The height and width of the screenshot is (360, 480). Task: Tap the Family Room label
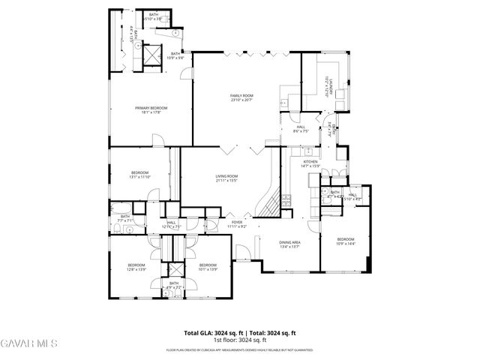pos(241,98)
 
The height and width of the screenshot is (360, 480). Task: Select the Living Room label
pos(226,178)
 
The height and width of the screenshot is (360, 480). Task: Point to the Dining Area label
pos(290,244)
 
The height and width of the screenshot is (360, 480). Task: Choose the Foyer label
pos(237,224)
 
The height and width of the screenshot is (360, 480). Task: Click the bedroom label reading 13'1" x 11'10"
pos(140,175)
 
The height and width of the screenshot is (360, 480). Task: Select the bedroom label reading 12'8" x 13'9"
pos(136,267)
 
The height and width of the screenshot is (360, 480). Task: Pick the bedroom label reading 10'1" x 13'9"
pos(208,267)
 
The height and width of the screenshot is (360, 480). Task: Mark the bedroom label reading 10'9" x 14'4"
pos(345,241)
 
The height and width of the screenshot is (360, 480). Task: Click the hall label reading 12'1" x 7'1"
pos(171,224)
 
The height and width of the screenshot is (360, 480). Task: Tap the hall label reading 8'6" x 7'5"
pos(300,129)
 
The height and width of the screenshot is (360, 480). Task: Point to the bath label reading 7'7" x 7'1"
pos(124,218)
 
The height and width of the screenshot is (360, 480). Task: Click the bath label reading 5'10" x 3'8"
pos(154,17)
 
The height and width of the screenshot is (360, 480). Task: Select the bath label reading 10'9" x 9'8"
pos(175,55)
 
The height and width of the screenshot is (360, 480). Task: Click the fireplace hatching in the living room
pos(266,202)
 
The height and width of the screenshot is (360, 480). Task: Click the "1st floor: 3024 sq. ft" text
pos(240,340)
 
